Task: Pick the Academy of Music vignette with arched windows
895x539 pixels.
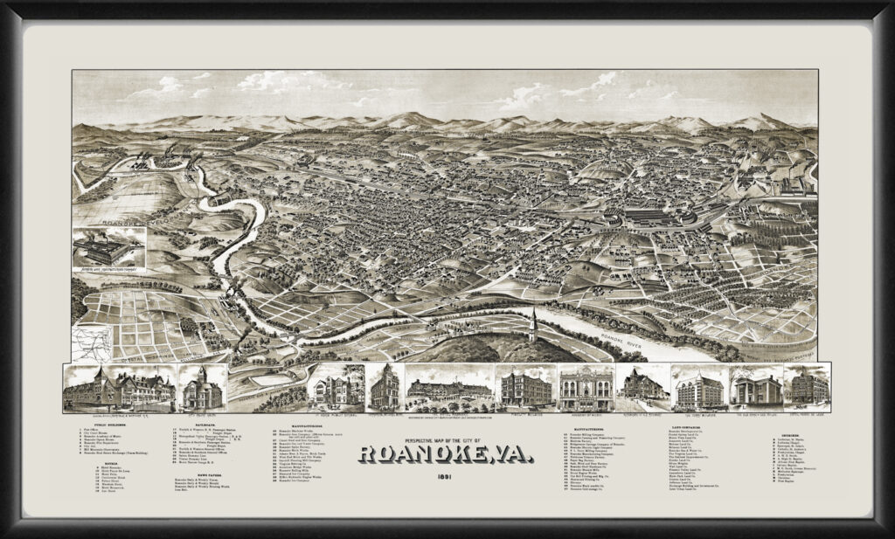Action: tap(586, 387)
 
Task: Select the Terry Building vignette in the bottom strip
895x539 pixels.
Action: tap(700, 387)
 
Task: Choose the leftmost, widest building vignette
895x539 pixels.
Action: tap(120, 389)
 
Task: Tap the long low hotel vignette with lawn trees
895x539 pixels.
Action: tap(447, 389)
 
